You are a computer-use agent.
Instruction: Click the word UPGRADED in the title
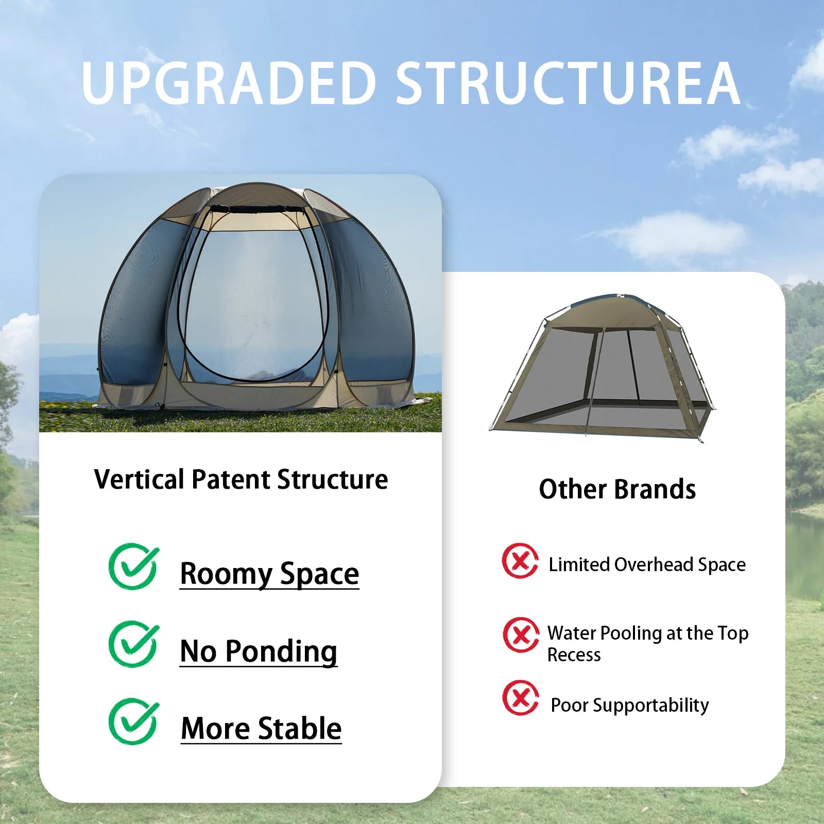229,83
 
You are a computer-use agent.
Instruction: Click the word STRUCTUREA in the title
568,83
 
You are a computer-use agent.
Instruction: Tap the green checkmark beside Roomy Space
133,566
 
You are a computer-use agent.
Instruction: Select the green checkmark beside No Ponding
133,644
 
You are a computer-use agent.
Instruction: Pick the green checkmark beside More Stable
133,721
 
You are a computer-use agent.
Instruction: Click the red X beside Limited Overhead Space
520,561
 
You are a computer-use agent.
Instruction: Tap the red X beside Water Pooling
521,635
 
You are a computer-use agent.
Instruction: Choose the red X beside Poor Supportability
521,698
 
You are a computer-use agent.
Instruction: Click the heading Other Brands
617,489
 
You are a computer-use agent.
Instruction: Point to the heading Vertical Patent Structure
241,479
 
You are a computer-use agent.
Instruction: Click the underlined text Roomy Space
269,574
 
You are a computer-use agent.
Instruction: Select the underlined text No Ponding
259,651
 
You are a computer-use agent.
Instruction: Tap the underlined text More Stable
261,728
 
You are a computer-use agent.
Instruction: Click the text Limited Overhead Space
647,565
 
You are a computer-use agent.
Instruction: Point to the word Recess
574,655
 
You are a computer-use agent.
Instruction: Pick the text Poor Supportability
629,705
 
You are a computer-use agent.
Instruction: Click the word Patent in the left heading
231,479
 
